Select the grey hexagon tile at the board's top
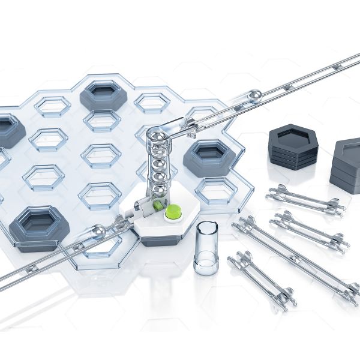coord(103,94)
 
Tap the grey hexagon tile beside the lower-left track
coord(38,226)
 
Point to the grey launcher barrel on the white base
coord(140,207)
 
